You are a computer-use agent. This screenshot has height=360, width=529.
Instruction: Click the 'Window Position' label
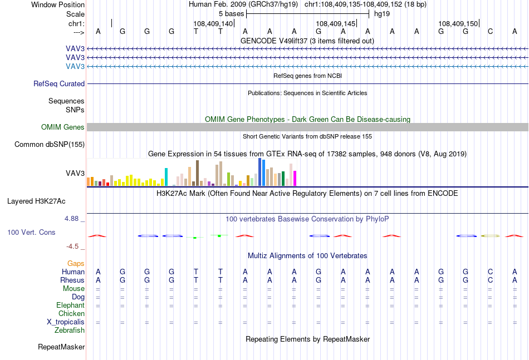[x=58, y=4]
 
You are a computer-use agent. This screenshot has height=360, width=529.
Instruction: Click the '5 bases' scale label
[x=231, y=14]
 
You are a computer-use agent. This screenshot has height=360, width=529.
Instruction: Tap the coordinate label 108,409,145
[x=335, y=23]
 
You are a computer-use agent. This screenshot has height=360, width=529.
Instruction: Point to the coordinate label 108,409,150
[x=458, y=23]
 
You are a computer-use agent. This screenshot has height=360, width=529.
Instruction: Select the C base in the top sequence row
[x=490, y=31]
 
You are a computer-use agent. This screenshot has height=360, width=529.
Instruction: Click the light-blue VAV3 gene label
[x=75, y=66]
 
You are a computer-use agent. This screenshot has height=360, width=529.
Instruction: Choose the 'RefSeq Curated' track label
[x=59, y=83]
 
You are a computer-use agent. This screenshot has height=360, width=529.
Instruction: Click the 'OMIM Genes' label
[x=63, y=127]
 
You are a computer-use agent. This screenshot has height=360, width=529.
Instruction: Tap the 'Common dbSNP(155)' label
[x=50, y=144]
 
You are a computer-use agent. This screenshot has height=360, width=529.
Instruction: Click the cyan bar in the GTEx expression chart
[x=166, y=177]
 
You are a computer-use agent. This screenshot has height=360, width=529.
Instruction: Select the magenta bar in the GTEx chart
[x=295, y=178]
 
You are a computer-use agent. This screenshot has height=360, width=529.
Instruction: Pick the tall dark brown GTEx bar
[x=197, y=173]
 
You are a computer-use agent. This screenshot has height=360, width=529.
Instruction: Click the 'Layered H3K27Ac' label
[x=36, y=201]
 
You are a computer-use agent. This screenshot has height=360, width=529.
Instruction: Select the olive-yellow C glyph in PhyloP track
[x=490, y=236]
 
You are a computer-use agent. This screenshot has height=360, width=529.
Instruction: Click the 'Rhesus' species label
[x=72, y=280]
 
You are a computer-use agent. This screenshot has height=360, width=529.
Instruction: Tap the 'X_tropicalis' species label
[x=66, y=322]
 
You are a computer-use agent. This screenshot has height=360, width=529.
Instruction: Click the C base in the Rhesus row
[x=490, y=280]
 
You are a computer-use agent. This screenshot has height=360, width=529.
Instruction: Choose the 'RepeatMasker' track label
[x=61, y=347]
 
